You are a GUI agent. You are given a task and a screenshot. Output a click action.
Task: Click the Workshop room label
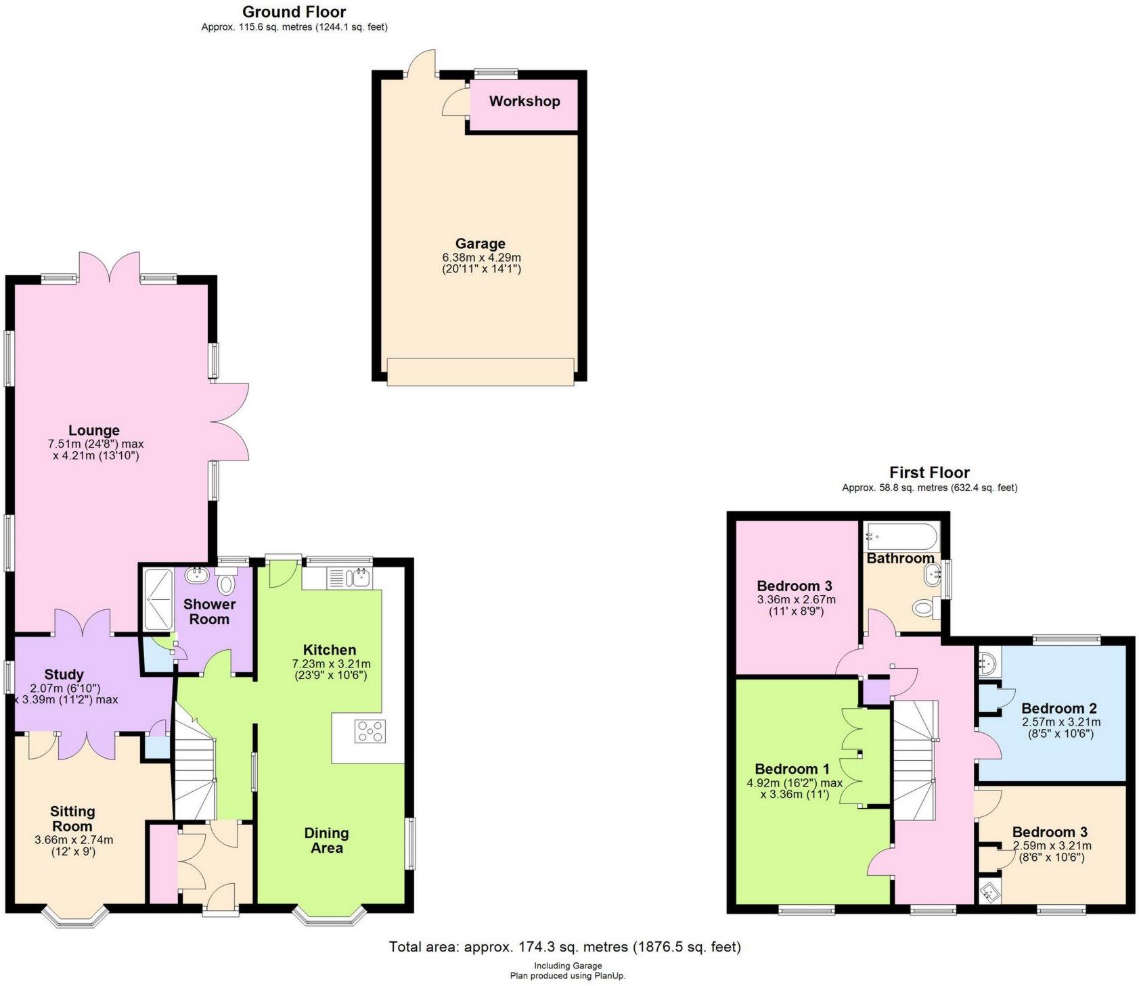click(524, 101)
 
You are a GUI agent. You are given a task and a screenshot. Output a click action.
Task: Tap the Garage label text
click(480, 243)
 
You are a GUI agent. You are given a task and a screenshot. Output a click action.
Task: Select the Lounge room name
click(94, 430)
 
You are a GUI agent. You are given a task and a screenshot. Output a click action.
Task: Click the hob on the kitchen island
click(370, 731)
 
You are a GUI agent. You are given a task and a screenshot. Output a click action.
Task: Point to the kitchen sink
click(357, 578)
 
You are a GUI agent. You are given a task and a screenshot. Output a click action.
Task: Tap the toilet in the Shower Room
click(226, 583)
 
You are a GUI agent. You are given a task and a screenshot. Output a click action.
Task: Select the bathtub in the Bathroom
click(901, 538)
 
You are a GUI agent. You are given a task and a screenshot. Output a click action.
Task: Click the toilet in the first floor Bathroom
click(924, 608)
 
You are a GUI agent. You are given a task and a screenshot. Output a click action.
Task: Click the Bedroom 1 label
click(792, 769)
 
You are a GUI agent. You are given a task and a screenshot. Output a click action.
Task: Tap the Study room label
click(64, 674)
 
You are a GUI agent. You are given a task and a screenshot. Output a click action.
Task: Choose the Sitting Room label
click(72, 818)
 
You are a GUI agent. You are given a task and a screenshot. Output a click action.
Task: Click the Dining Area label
click(326, 841)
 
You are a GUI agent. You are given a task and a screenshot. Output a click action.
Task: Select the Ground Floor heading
click(294, 11)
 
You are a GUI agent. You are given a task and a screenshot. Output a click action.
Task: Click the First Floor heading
click(929, 472)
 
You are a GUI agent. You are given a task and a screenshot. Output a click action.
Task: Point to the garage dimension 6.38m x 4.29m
click(481, 258)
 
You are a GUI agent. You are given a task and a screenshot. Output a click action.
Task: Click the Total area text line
click(564, 947)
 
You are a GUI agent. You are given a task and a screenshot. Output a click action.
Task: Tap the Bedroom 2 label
click(1058, 709)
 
